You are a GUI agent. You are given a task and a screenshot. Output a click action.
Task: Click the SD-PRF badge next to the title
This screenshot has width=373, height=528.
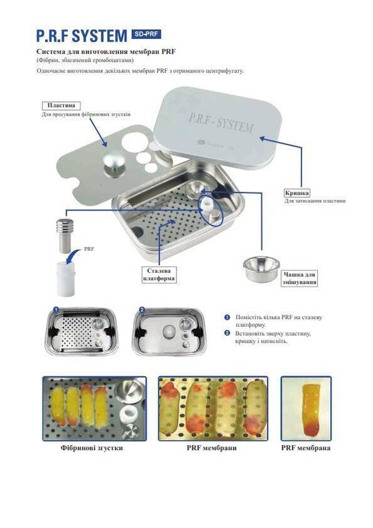pos(146,34)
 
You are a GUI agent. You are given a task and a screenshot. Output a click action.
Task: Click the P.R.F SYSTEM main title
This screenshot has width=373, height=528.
pos(82,36)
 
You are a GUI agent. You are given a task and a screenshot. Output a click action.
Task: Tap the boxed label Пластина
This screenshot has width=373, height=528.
pos(61,106)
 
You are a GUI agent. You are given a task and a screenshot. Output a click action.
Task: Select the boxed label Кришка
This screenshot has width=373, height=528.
pos(297,193)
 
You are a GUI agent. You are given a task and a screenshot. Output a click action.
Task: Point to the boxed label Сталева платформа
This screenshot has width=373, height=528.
pos(159,275)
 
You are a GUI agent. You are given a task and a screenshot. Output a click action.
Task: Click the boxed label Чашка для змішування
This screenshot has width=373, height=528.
pos(299,278)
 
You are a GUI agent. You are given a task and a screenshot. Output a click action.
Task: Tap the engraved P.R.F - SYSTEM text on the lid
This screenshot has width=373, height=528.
pos(220,122)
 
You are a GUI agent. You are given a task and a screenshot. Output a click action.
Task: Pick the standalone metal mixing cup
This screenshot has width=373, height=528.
pos(261,268)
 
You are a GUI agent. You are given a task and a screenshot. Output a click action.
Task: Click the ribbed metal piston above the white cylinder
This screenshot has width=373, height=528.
pos(66,235)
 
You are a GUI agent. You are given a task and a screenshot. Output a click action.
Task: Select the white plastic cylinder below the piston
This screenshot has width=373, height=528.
pos(66,278)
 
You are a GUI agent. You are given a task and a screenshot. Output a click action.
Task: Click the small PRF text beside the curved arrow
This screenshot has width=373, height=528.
pos(89,249)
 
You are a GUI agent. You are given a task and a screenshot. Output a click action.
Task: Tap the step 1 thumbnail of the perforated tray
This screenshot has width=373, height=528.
pos(81,331)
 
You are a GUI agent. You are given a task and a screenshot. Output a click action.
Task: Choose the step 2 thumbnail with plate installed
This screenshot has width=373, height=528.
pos(169,331)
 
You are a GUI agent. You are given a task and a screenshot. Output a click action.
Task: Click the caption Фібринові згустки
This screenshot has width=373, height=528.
pos(92,448)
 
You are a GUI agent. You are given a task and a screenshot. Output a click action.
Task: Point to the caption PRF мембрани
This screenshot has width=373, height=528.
pos(212,448)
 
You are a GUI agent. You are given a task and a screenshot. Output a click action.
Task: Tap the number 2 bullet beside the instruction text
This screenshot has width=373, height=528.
pos(227,333)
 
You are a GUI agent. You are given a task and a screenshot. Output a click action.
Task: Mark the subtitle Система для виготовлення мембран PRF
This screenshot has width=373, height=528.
pos(106,52)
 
